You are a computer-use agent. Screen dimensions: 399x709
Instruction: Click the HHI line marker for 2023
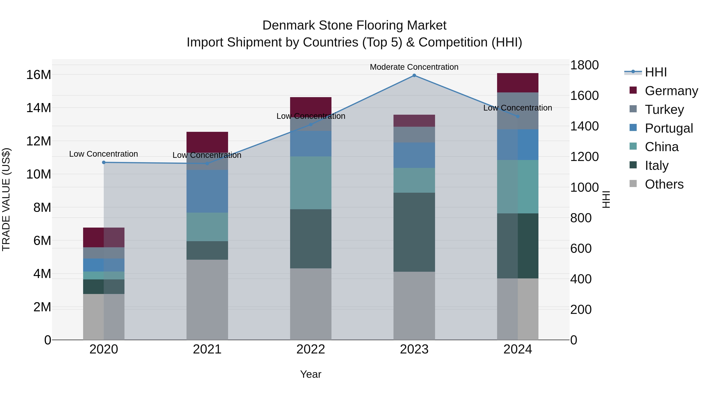pos(414,75)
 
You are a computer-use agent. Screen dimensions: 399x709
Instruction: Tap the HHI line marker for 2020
pos(104,163)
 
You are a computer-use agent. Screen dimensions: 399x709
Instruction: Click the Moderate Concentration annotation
pos(414,67)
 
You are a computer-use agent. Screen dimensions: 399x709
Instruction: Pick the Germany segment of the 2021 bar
pos(207,142)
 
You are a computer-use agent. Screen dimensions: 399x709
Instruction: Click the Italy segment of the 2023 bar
pos(414,232)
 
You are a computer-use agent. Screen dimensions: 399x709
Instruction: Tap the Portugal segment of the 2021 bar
pos(207,191)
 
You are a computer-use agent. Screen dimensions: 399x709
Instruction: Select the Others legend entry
pos(664,184)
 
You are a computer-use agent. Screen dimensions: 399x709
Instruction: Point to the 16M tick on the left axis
pos(39,75)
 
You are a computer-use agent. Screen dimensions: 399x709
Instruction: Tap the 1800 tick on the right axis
pos(584,65)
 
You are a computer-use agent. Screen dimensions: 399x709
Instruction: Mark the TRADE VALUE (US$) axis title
pos(6,199)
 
